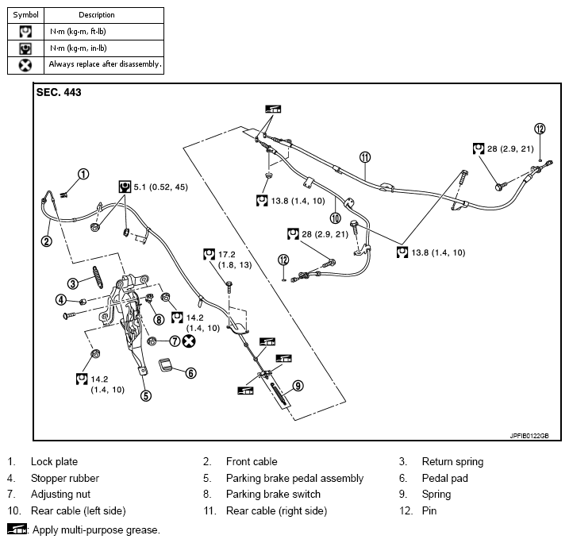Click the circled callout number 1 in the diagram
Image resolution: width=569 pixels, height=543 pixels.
(83, 174)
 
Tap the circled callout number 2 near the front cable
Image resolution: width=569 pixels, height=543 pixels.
(47, 241)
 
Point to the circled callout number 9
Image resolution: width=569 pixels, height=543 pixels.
(298, 386)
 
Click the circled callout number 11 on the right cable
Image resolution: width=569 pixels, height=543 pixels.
(365, 156)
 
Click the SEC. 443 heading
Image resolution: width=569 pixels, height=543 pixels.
(59, 92)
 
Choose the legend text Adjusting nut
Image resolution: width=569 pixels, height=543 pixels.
(59, 495)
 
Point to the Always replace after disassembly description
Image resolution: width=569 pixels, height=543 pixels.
(105, 64)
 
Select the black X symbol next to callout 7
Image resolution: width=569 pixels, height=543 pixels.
(189, 341)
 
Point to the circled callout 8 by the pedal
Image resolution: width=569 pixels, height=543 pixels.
(159, 319)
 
